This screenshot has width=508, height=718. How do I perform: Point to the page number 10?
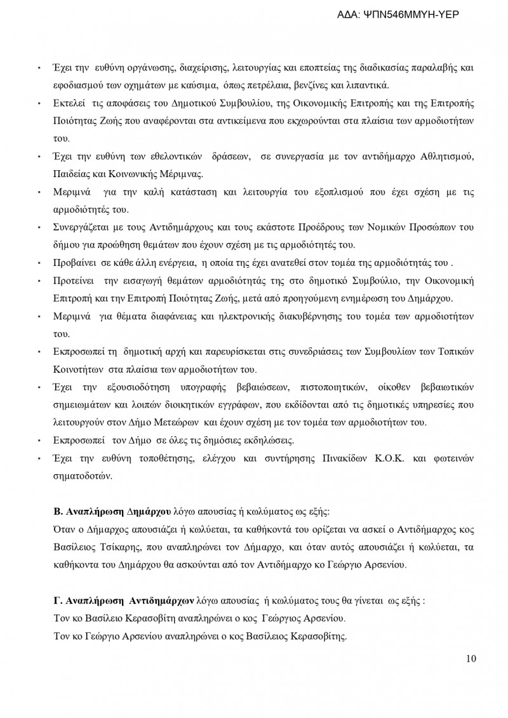471,658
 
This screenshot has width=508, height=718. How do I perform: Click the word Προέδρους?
332,227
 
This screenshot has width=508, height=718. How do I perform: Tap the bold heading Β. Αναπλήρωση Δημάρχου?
112,511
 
